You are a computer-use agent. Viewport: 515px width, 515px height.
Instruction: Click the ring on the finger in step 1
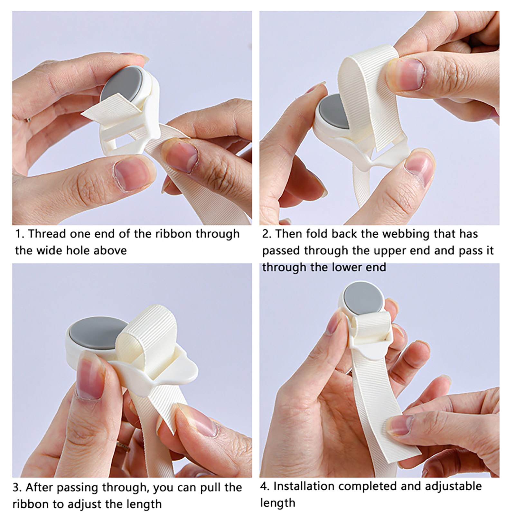click(x=28, y=120)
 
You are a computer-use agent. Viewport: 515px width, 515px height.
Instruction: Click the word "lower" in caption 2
click(x=347, y=267)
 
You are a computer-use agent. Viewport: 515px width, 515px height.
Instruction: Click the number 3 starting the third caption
click(x=16, y=487)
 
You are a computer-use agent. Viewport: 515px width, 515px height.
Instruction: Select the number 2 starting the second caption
click(x=265, y=234)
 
